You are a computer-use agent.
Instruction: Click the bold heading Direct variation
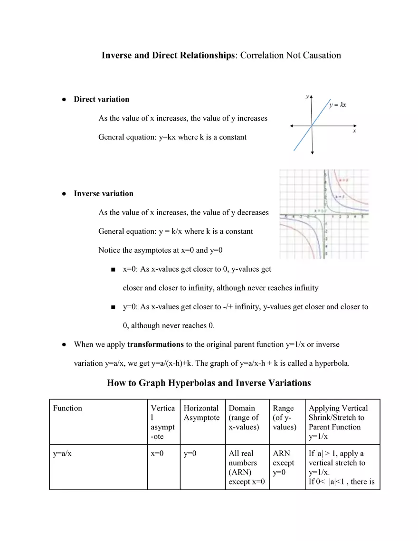[x=101, y=99]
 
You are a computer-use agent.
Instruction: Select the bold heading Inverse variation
[x=103, y=193]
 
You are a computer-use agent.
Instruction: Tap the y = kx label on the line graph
[x=337, y=104]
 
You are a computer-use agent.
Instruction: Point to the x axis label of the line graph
[x=354, y=131]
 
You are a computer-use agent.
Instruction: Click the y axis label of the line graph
[x=307, y=97]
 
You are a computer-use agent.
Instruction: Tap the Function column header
[x=67, y=408]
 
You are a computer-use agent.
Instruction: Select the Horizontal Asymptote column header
[x=201, y=413]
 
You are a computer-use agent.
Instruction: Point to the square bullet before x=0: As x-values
[x=113, y=270]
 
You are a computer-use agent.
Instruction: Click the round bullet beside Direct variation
[x=63, y=100]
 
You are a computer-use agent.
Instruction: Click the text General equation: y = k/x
[x=175, y=231]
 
